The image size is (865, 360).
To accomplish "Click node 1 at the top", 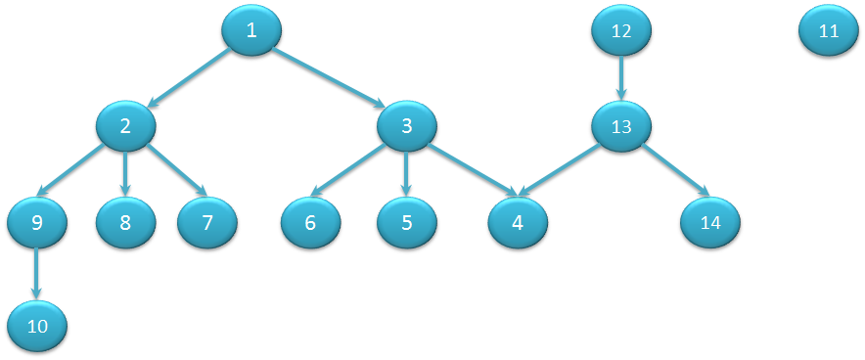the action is [x=251, y=30].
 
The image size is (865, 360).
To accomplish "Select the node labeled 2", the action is [x=125, y=125].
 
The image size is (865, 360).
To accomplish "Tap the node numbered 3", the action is [x=406, y=125].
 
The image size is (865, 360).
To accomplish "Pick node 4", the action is [x=518, y=222].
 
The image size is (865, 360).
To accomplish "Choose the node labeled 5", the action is [x=406, y=222].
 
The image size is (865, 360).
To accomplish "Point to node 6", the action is [x=310, y=222].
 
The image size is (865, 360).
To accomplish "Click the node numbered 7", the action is [x=207, y=222].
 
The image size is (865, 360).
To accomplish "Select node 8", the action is [x=125, y=222].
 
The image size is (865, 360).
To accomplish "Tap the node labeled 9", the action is [x=37, y=222].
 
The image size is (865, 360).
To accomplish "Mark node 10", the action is [x=37, y=326].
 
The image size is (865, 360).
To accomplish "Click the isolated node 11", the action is [x=829, y=30].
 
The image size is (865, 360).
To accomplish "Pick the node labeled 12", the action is [x=621, y=30].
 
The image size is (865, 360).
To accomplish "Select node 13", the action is [x=621, y=127].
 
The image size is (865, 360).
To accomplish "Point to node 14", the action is [x=710, y=222].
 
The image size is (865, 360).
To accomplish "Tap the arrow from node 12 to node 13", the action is [x=621, y=78].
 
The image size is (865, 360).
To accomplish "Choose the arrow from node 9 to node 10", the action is [x=37, y=274].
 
